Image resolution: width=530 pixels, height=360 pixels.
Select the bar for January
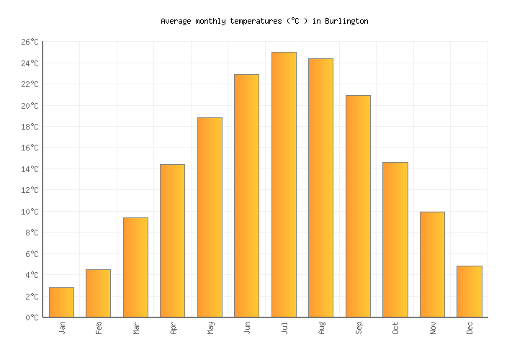coord(61,302)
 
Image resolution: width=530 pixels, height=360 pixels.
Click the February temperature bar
coord(98,293)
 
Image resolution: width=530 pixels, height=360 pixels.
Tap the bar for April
coord(172,240)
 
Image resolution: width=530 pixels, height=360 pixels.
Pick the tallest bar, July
coord(284,184)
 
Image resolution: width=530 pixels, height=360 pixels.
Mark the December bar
coord(469,292)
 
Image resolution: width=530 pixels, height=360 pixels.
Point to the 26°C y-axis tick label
coord(30,42)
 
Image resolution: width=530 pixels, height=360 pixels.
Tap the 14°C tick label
coord(30,169)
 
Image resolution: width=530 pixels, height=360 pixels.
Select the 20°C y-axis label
coord(30,106)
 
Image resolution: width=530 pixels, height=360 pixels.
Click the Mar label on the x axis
coord(136,328)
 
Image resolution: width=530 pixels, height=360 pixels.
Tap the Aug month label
coord(321,328)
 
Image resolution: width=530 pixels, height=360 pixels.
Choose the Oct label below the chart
coord(395,328)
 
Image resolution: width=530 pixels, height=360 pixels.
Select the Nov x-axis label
coord(433,328)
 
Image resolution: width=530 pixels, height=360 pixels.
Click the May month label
coord(210,328)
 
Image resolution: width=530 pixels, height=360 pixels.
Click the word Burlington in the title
coord(346,22)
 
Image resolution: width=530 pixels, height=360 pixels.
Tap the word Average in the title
coord(176,22)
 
